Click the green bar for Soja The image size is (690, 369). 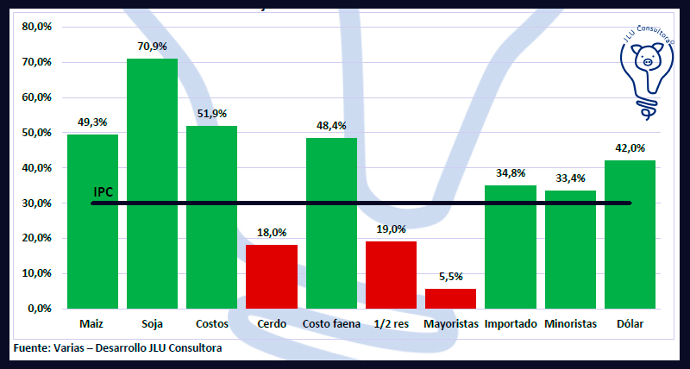point(152,183)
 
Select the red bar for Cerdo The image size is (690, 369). point(272,276)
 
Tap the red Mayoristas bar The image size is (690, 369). point(450,297)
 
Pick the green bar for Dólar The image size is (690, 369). point(630,234)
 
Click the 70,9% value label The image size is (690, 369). point(153,46)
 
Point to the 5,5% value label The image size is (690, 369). point(451,276)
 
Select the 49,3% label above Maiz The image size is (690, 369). point(92,122)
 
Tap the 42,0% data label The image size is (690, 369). point(630,147)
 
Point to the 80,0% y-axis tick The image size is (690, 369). point(37,27)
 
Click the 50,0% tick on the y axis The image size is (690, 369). point(37,133)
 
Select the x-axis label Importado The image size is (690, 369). point(511,324)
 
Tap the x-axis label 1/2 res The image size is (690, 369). point(391,324)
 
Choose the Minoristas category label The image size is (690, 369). point(571,324)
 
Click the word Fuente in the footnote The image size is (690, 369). point(31,347)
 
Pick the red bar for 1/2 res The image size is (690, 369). point(391,274)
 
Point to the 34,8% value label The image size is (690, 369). point(511,173)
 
